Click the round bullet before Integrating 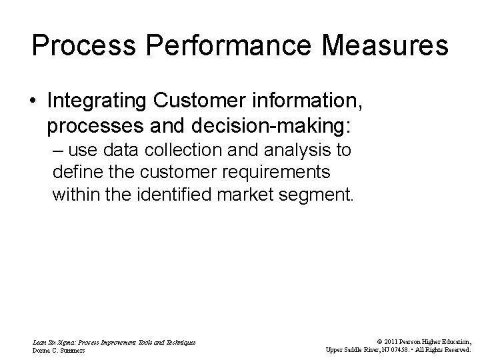33,101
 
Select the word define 74,173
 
